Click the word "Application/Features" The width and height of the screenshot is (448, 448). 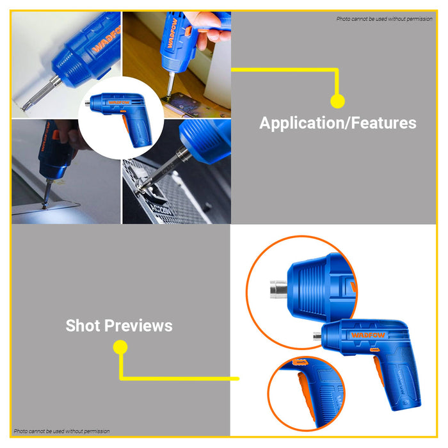pyautogui.click(x=337, y=123)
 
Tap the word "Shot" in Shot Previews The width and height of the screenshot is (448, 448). pyautogui.click(x=83, y=326)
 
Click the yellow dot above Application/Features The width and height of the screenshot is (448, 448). pyautogui.click(x=337, y=100)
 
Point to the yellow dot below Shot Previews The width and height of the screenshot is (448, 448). pyautogui.click(x=120, y=348)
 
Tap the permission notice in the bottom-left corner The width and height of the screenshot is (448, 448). pyautogui.click(x=61, y=431)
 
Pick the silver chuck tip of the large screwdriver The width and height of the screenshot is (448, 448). pyautogui.click(x=316, y=335)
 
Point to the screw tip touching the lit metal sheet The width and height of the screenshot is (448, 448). pyautogui.click(x=45, y=204)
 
